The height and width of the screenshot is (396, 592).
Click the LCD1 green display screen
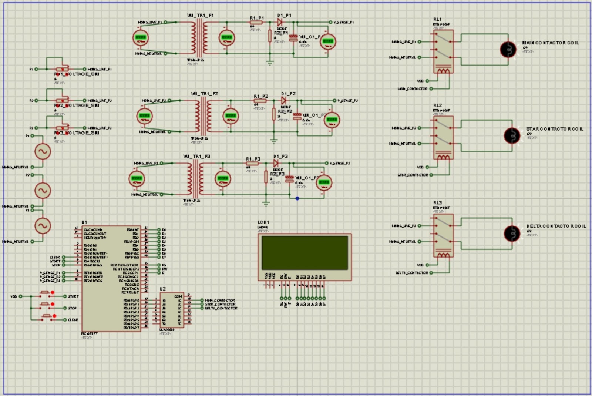[x=305, y=253]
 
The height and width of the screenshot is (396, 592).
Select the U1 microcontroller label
[x=84, y=222]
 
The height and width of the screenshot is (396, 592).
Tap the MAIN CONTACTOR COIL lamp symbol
[x=508, y=49]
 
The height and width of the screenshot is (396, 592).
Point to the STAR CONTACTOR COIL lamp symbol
[x=512, y=136]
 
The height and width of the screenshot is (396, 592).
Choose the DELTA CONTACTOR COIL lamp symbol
[x=512, y=233]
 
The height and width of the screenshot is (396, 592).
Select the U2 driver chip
[x=172, y=310]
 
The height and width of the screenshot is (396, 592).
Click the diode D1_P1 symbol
[x=280, y=22]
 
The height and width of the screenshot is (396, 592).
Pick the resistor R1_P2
[x=260, y=101]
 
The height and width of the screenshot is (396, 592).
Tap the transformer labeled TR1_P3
[x=195, y=179]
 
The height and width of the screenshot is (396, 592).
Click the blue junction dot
[x=297, y=198]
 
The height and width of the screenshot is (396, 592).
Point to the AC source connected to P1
[x=43, y=151]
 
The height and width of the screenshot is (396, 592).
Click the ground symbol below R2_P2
[x=274, y=141]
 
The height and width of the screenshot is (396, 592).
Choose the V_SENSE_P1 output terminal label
[x=343, y=22]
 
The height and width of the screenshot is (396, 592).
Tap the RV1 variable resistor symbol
[x=62, y=69]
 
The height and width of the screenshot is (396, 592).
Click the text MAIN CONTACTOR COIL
[x=550, y=43]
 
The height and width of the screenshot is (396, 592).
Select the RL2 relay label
[x=437, y=105]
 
